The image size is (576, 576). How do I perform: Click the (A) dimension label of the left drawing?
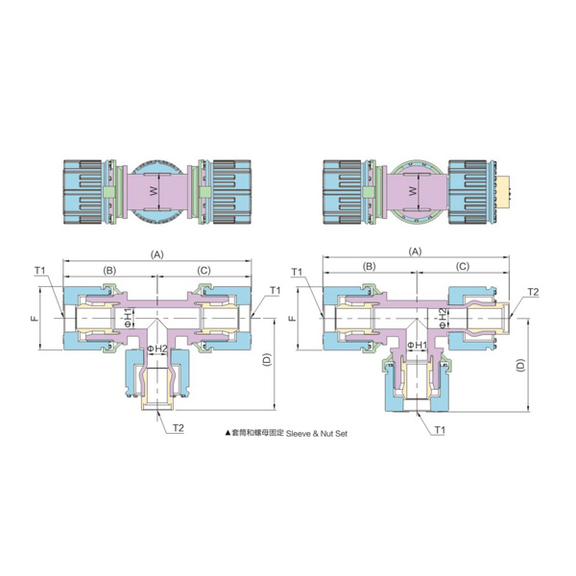click(x=157, y=254)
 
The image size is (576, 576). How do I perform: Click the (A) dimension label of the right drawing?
click(x=416, y=252)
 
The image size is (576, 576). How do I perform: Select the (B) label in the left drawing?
click(x=109, y=271)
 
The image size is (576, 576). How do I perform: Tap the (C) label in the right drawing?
click(x=463, y=266)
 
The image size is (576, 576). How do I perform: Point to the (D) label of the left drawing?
click(x=267, y=360)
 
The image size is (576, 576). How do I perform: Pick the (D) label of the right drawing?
click(x=520, y=365)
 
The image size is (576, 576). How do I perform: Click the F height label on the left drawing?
click(x=35, y=318)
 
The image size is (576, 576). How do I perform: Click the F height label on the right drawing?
click(x=293, y=318)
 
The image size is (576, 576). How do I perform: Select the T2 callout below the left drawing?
click(x=179, y=428)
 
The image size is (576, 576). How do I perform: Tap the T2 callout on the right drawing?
click(x=533, y=292)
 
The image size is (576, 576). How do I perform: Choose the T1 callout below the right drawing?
click(x=440, y=430)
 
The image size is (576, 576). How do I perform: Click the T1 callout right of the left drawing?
click(x=276, y=291)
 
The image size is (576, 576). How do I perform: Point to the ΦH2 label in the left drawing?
click(x=156, y=348)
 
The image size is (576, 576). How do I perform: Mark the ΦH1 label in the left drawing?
click(x=128, y=318)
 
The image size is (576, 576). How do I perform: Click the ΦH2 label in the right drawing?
click(x=443, y=318)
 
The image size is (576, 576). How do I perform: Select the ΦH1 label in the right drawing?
click(x=418, y=345)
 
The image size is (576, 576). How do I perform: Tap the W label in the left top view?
click(x=154, y=191)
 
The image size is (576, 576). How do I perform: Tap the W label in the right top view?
click(x=413, y=191)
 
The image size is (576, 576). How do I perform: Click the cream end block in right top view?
click(x=502, y=191)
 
